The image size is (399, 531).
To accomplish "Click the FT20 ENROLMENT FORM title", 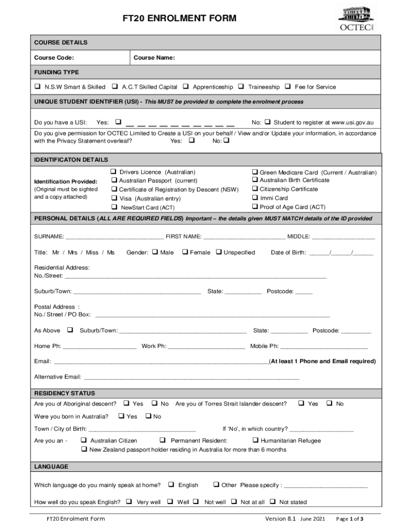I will click(x=179, y=19).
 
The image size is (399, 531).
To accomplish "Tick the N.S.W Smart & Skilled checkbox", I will click(x=38, y=87).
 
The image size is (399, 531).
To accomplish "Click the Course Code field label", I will click(x=54, y=58).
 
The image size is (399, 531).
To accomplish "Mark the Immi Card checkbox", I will click(x=255, y=198).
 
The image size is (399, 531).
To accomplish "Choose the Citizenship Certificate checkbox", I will click(x=255, y=189).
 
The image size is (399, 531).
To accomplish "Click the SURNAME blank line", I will click(x=114, y=237).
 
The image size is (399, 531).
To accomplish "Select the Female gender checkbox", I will click(x=184, y=252).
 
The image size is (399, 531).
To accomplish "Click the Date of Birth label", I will click(x=288, y=253).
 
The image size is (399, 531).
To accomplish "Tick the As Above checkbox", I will click(x=69, y=330).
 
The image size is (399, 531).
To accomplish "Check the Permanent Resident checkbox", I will click(x=163, y=440).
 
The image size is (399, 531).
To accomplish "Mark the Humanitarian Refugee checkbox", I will click(x=255, y=440).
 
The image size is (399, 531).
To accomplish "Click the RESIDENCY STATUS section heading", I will click(x=65, y=393).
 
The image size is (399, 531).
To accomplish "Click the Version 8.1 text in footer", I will click(x=280, y=519).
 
